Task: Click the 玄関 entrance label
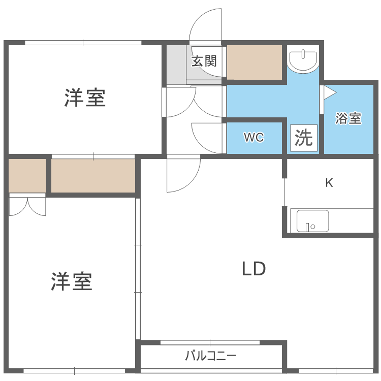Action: coord(204,61)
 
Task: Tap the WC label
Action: coord(253,138)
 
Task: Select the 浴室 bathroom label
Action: coord(348,119)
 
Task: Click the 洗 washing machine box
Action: coord(304,138)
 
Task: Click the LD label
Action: coord(253,269)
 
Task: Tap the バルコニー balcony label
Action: coord(210,355)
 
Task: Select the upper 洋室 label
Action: coord(85,98)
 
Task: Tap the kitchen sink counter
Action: coord(313,221)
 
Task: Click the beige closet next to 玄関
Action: coord(254,62)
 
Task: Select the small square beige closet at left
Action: coord(27,176)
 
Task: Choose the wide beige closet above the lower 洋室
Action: coord(93,176)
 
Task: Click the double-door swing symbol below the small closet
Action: coord(27,205)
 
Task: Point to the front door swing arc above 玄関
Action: coord(205,25)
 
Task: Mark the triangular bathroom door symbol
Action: coord(329,92)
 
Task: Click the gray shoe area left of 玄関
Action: coord(176,65)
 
